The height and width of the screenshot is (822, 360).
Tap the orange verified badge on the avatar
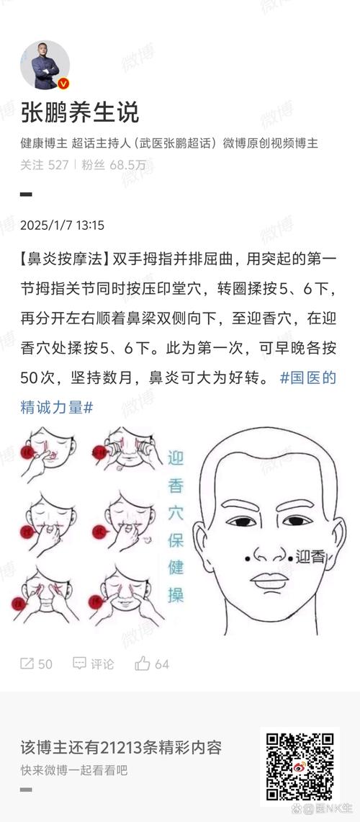[63, 84]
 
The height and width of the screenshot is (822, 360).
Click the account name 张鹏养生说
[79, 112]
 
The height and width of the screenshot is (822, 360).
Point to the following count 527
[58, 165]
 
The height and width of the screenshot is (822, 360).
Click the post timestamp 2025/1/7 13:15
[62, 225]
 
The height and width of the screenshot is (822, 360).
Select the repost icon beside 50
[27, 664]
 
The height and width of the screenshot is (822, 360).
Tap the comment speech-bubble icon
[80, 664]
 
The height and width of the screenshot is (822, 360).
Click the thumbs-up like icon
[143, 664]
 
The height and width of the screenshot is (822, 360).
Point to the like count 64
[162, 664]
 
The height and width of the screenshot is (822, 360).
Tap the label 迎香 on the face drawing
[311, 556]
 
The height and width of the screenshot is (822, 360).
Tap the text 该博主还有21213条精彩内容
[121, 746]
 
